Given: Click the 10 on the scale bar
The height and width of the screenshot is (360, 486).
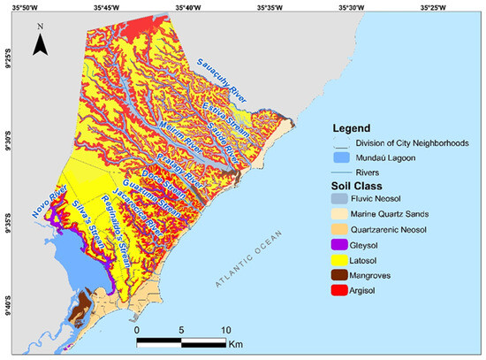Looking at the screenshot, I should click(x=226, y=328).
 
